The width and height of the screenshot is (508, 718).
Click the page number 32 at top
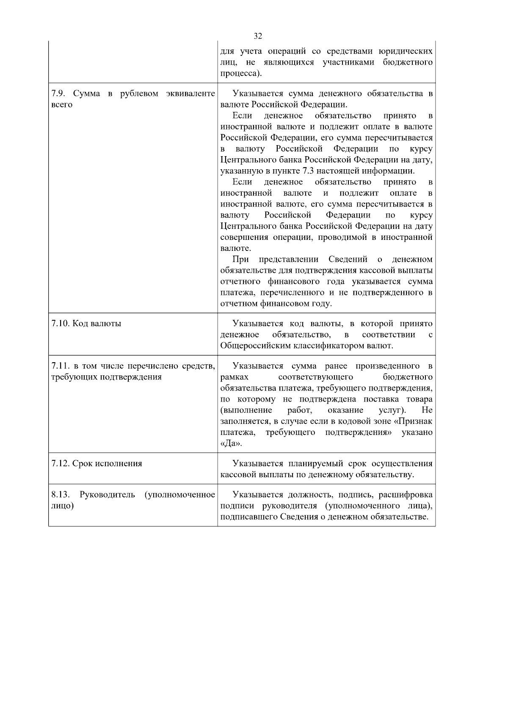[x=258, y=36]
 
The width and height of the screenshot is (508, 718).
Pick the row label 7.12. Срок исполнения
[x=97, y=463]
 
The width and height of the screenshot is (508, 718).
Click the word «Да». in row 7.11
[x=231, y=443]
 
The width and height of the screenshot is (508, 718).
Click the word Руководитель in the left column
[x=107, y=495]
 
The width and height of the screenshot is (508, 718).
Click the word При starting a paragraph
[x=240, y=259]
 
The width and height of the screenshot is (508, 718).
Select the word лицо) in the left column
[x=62, y=506]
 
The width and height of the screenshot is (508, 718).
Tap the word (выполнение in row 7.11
[x=246, y=410]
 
